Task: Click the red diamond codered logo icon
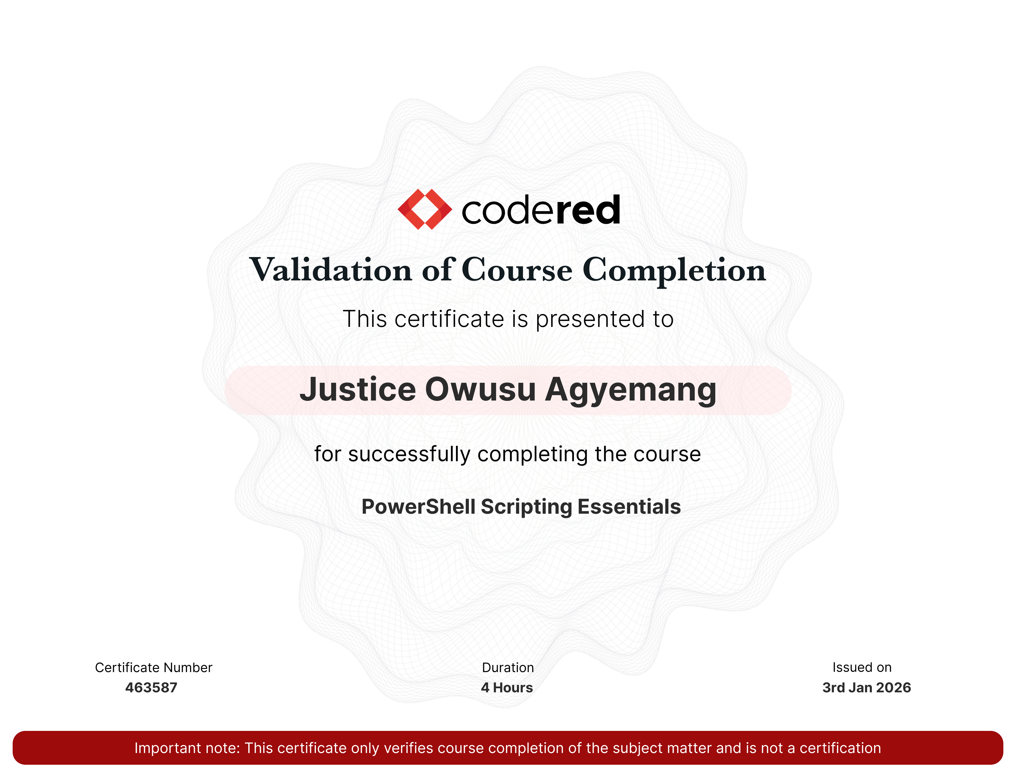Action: point(425,209)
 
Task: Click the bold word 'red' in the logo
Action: point(588,210)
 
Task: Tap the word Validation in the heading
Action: point(331,270)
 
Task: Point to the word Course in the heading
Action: point(517,270)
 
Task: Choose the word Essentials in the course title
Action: point(629,507)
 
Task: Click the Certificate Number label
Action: point(153,668)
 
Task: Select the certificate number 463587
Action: point(151,688)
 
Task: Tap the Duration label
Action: point(508,668)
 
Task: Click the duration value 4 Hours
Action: point(507,688)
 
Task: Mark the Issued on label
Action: point(862,668)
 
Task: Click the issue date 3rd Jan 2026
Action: point(867,688)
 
